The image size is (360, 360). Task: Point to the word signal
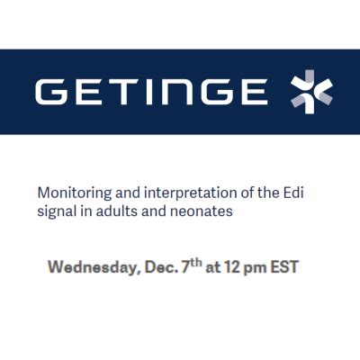tap(54, 212)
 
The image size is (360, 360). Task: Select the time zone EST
tap(291, 267)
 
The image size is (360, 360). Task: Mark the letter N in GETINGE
tap(173, 92)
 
